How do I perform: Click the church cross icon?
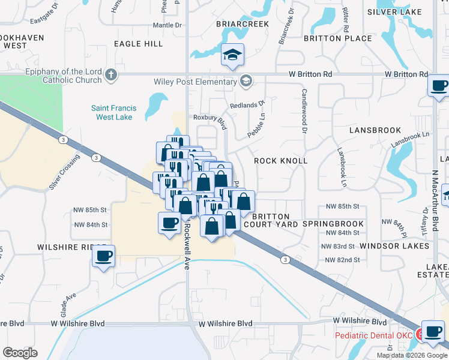(x=110, y=76)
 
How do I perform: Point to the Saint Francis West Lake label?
(x=114, y=112)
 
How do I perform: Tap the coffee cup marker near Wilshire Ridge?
(x=103, y=256)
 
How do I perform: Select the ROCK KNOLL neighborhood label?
(x=280, y=161)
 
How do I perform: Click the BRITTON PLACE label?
(x=338, y=38)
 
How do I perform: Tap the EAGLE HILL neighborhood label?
(x=138, y=44)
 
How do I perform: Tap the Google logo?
(x=20, y=353)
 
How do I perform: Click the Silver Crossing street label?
(x=65, y=172)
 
